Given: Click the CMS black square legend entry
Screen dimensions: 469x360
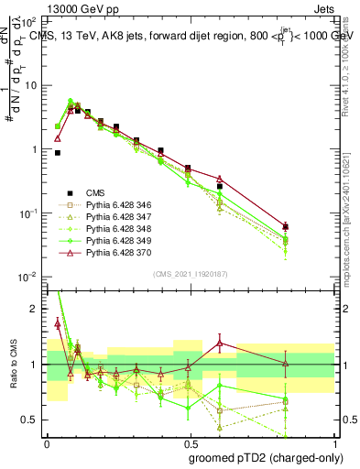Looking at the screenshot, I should point(69,192).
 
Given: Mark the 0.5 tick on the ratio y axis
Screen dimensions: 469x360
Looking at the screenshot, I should point(33,420).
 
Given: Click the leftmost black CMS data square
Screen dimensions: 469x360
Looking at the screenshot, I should point(58,153).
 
